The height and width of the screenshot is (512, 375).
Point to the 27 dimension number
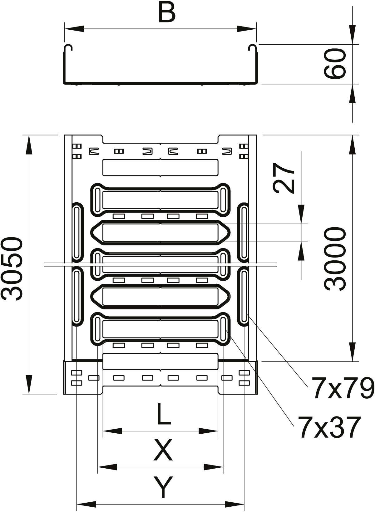tap(284, 178)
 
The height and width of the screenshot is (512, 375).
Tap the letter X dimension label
tap(163, 450)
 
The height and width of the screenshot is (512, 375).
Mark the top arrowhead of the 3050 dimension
tap(29, 145)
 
